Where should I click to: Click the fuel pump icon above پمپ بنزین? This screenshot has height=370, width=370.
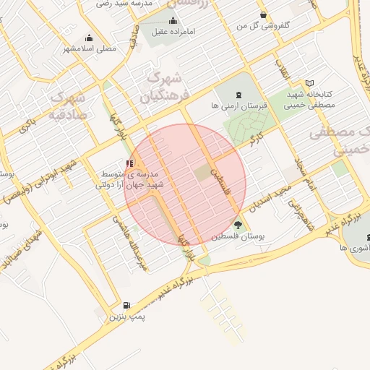click(128, 306)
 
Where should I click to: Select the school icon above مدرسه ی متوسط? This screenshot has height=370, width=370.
click(129, 164)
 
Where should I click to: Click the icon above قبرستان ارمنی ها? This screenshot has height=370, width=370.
click(238, 95)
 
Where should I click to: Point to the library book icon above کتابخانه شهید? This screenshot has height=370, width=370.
click(310, 84)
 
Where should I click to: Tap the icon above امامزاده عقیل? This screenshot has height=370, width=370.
click(173, 21)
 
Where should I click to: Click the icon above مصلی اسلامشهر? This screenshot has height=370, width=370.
click(89, 38)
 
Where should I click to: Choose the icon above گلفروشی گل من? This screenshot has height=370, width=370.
click(263, 15)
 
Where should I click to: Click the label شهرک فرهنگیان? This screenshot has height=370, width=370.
click(167, 85)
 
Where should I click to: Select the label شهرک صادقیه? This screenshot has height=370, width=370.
click(69, 105)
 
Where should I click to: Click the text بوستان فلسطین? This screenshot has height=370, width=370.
click(238, 237)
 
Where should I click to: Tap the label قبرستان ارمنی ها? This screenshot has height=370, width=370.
click(239, 106)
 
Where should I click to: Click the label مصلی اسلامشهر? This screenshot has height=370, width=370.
click(90, 49)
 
